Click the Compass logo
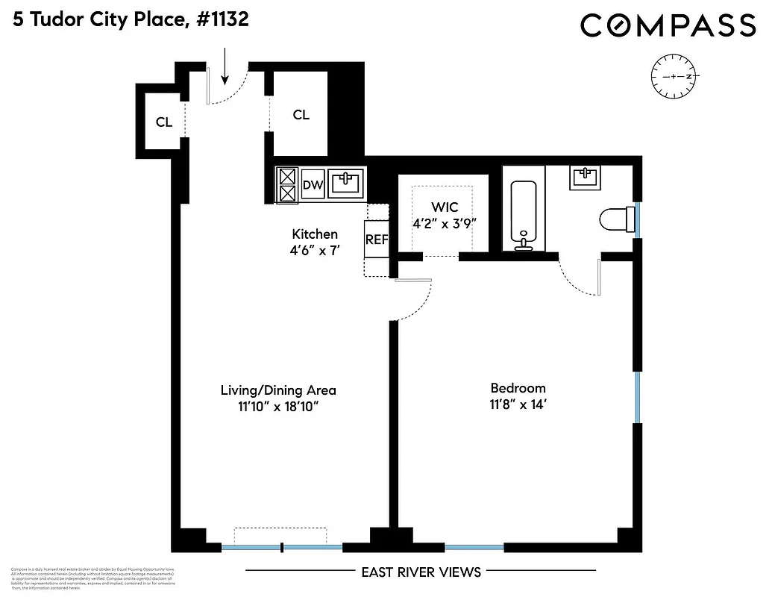668,26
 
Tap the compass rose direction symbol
674,77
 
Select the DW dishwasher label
313,185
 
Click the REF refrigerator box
376,240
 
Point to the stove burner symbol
287,184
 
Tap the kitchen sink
346,183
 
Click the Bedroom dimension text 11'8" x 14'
518,405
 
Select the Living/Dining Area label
278,390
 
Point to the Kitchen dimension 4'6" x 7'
316,251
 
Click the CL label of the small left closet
164,122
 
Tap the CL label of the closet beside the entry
301,115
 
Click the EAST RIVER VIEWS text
421,572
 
